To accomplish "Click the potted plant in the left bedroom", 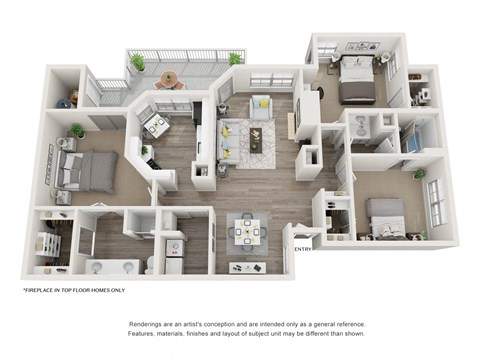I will tap(77, 131).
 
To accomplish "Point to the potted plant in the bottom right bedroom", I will tap(419, 174).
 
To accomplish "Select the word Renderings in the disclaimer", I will tap(148, 326).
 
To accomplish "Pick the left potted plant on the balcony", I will tap(137, 62).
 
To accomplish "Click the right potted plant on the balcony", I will tap(234, 60).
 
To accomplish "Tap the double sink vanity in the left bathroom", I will tap(111, 267).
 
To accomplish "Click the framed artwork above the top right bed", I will tap(357, 47).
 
